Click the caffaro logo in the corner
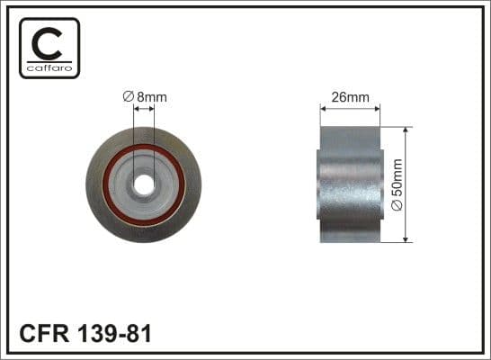[49, 47]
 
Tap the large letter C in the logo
[49, 41]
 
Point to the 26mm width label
[351, 97]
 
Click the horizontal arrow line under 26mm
[351, 110]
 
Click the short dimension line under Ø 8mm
[144, 110]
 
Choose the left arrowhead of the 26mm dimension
[324, 110]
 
